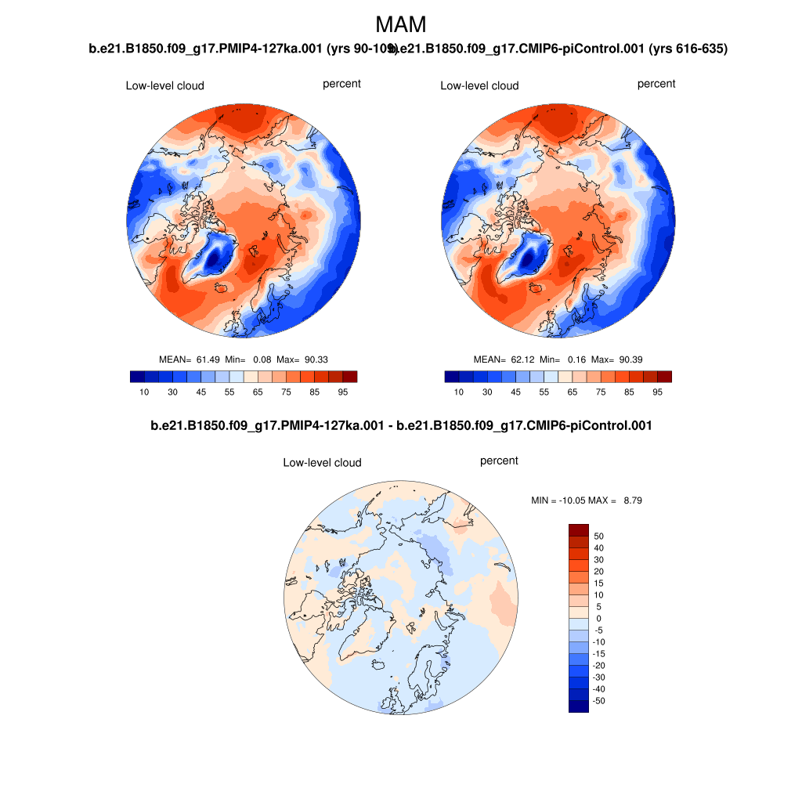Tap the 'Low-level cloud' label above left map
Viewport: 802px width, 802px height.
164,85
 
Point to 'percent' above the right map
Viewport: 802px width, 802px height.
656,84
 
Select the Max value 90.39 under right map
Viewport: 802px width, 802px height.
630,359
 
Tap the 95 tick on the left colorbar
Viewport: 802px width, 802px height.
342,392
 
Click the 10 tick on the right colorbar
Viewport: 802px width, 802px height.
458,392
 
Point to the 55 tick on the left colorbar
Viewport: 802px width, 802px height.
229,392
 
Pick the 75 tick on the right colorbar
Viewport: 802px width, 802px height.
601,392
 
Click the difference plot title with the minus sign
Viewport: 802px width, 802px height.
401,426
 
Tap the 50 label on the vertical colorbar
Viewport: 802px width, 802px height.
599,536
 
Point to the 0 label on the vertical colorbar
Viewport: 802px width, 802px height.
599,619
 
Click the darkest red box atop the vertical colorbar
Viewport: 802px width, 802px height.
578,530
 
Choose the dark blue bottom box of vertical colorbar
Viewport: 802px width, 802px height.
578,706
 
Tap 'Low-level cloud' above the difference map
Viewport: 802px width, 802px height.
322,463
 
